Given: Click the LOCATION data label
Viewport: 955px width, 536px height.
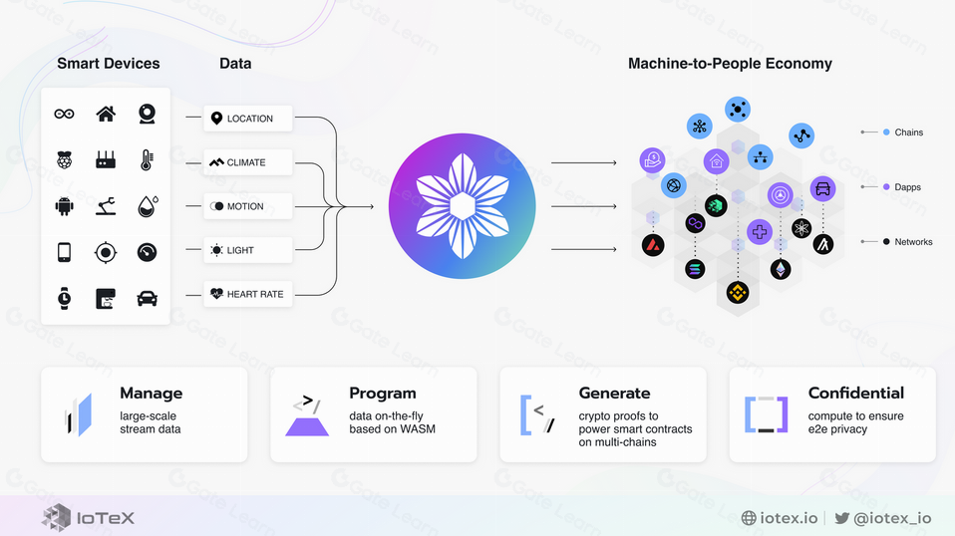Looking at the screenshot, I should pyautogui.click(x=248, y=119).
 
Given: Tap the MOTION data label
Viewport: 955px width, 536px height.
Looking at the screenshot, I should pyautogui.click(x=244, y=206).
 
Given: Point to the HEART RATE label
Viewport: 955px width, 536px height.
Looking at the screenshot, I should pyautogui.click(x=254, y=294).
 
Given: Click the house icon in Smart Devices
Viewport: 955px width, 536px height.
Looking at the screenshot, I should pyautogui.click(x=106, y=114).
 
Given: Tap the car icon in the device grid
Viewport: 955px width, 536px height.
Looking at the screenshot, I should pyautogui.click(x=147, y=297).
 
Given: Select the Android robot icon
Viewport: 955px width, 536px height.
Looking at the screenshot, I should pyautogui.click(x=64, y=206).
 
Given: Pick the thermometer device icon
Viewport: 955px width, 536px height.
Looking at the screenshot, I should pyautogui.click(x=147, y=159).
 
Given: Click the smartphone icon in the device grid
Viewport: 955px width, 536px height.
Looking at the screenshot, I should pyautogui.click(x=64, y=252).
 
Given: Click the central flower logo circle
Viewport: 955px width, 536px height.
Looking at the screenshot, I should pyautogui.click(x=462, y=205).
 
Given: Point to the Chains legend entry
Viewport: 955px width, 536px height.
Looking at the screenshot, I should pyautogui.click(x=908, y=133).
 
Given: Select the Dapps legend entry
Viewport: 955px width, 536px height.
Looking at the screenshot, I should pyautogui.click(x=907, y=187).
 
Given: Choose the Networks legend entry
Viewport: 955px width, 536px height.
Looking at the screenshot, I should pyautogui.click(x=913, y=242).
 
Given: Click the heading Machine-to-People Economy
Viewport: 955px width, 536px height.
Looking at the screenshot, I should pyautogui.click(x=730, y=64).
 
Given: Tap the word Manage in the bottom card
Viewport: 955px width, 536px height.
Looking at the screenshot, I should pyautogui.click(x=151, y=394).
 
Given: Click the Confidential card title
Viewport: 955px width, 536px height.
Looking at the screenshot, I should pyautogui.click(x=855, y=394).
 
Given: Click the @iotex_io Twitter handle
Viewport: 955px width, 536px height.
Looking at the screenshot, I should pyautogui.click(x=892, y=518).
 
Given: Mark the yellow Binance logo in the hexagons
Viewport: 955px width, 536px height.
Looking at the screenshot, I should pyautogui.click(x=737, y=292).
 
